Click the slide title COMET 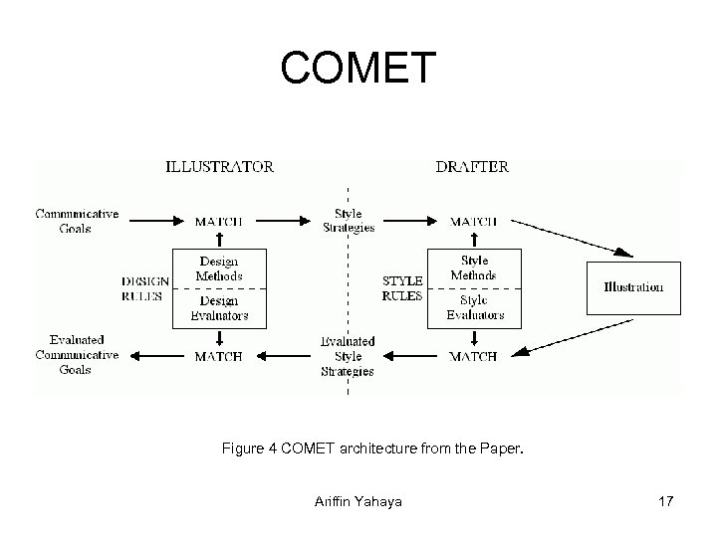[358, 68]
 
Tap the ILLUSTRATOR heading [219, 167]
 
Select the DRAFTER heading [472, 167]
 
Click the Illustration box [633, 287]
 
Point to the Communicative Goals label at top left [77, 221]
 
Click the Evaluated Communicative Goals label [77, 355]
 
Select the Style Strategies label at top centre [349, 221]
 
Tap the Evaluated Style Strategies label [348, 356]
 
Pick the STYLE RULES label [402, 287]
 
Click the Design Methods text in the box [220, 269]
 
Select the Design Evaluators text [220, 308]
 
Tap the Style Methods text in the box [473, 268]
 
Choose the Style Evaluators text [474, 307]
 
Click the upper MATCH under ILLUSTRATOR [218, 222]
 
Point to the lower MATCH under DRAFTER [473, 356]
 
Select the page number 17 [665, 502]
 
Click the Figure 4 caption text [371, 450]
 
